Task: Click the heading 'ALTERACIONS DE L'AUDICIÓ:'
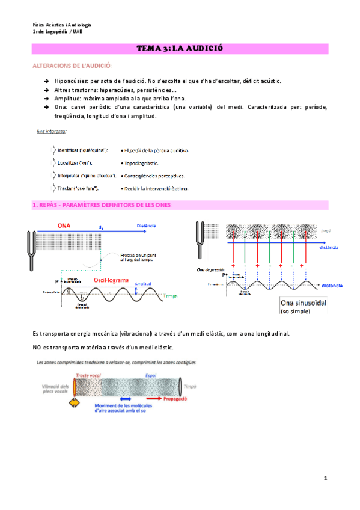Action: click(x=71, y=65)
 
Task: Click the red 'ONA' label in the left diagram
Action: click(x=66, y=226)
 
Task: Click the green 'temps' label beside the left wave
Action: click(x=171, y=296)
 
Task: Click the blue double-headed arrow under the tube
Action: click(x=126, y=398)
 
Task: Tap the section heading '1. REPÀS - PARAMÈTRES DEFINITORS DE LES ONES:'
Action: click(x=103, y=205)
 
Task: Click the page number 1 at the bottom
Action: click(x=325, y=478)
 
